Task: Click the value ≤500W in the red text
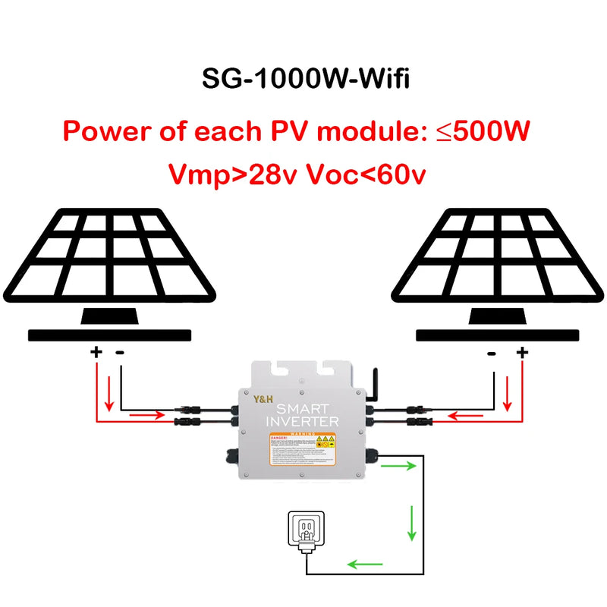click(x=483, y=131)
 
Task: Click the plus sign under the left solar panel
click(x=96, y=352)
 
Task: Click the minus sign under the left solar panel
click(x=120, y=352)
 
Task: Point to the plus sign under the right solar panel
click(x=521, y=352)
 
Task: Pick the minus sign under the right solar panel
click(x=492, y=352)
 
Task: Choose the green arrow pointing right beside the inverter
click(x=401, y=465)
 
